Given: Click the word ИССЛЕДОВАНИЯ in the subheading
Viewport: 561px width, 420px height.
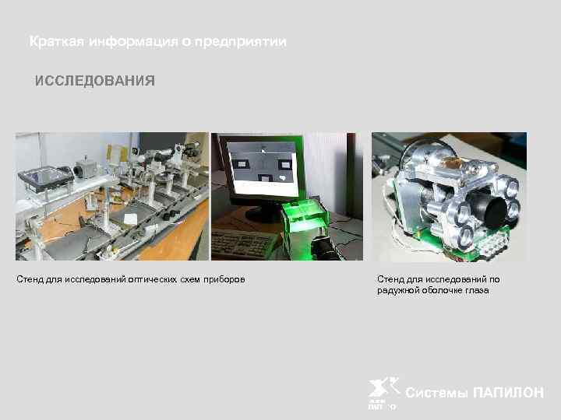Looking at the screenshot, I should point(94,81).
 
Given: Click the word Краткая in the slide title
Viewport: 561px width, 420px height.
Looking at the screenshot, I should point(54,41).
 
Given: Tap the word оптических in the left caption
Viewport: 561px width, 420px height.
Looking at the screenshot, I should point(129,278).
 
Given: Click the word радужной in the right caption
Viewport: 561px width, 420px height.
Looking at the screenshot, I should point(398,290).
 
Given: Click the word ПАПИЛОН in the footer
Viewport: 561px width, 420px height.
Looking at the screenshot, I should point(508,393).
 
